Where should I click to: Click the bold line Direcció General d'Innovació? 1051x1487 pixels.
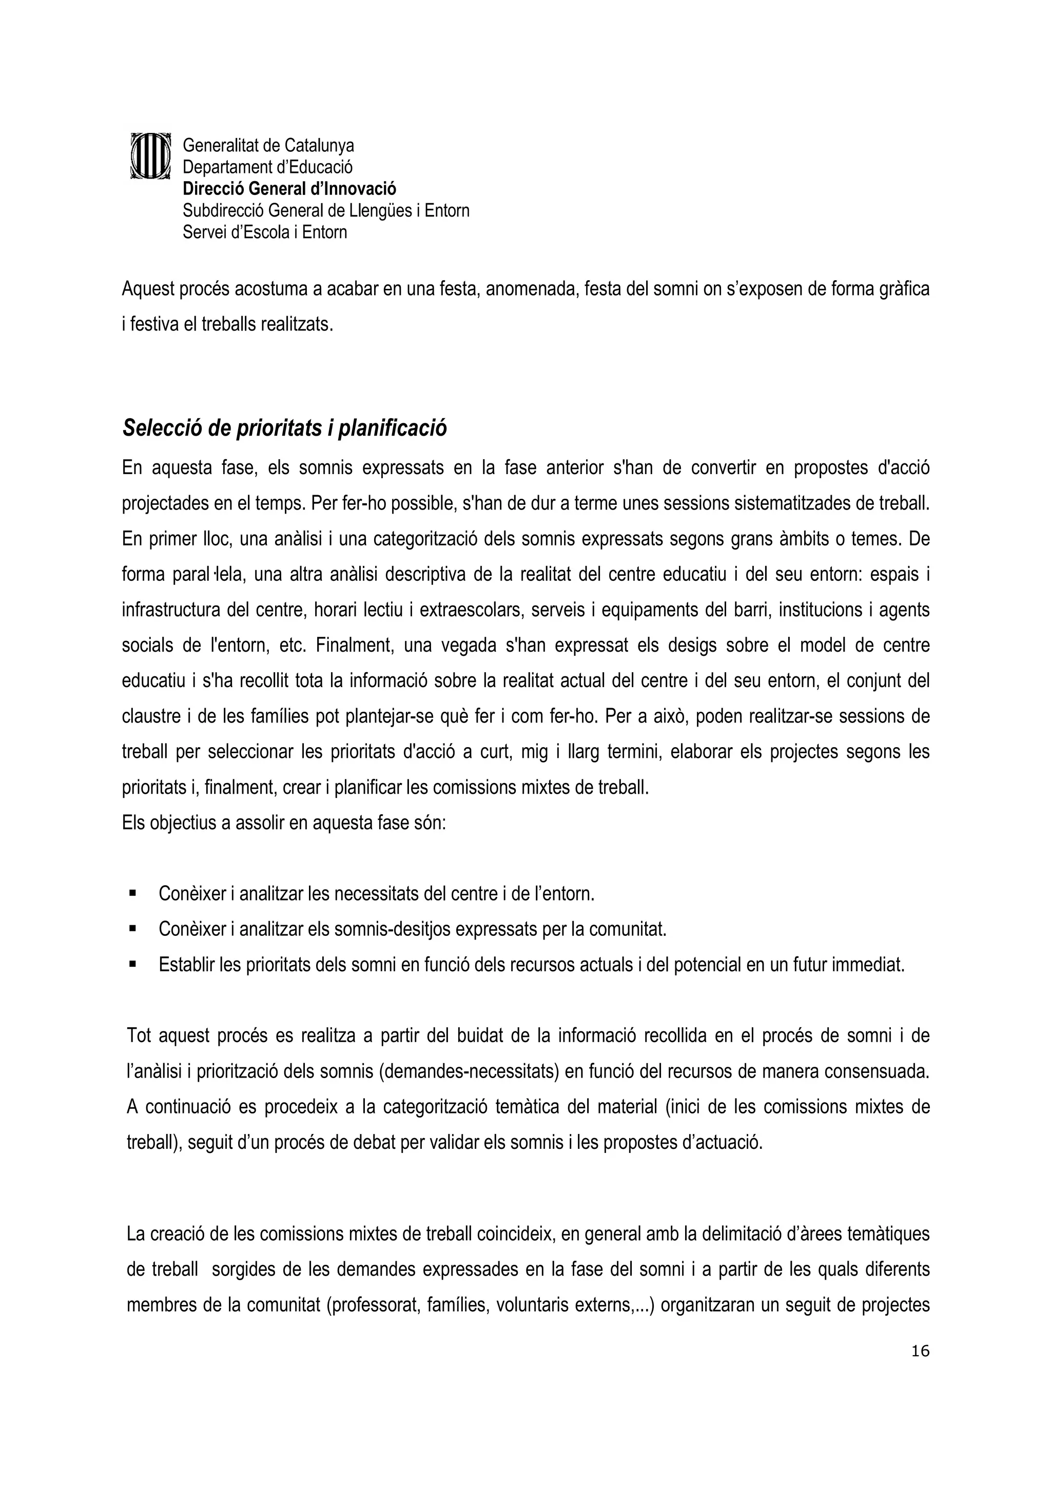click(x=289, y=188)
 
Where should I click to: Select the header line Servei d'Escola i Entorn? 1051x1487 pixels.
click(x=264, y=232)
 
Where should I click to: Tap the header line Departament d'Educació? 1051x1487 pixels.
click(x=267, y=167)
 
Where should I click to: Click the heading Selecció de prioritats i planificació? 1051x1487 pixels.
click(x=284, y=428)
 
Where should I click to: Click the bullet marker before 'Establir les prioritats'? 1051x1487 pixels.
click(x=133, y=964)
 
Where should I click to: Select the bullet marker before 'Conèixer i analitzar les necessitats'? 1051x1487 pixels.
click(x=133, y=893)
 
